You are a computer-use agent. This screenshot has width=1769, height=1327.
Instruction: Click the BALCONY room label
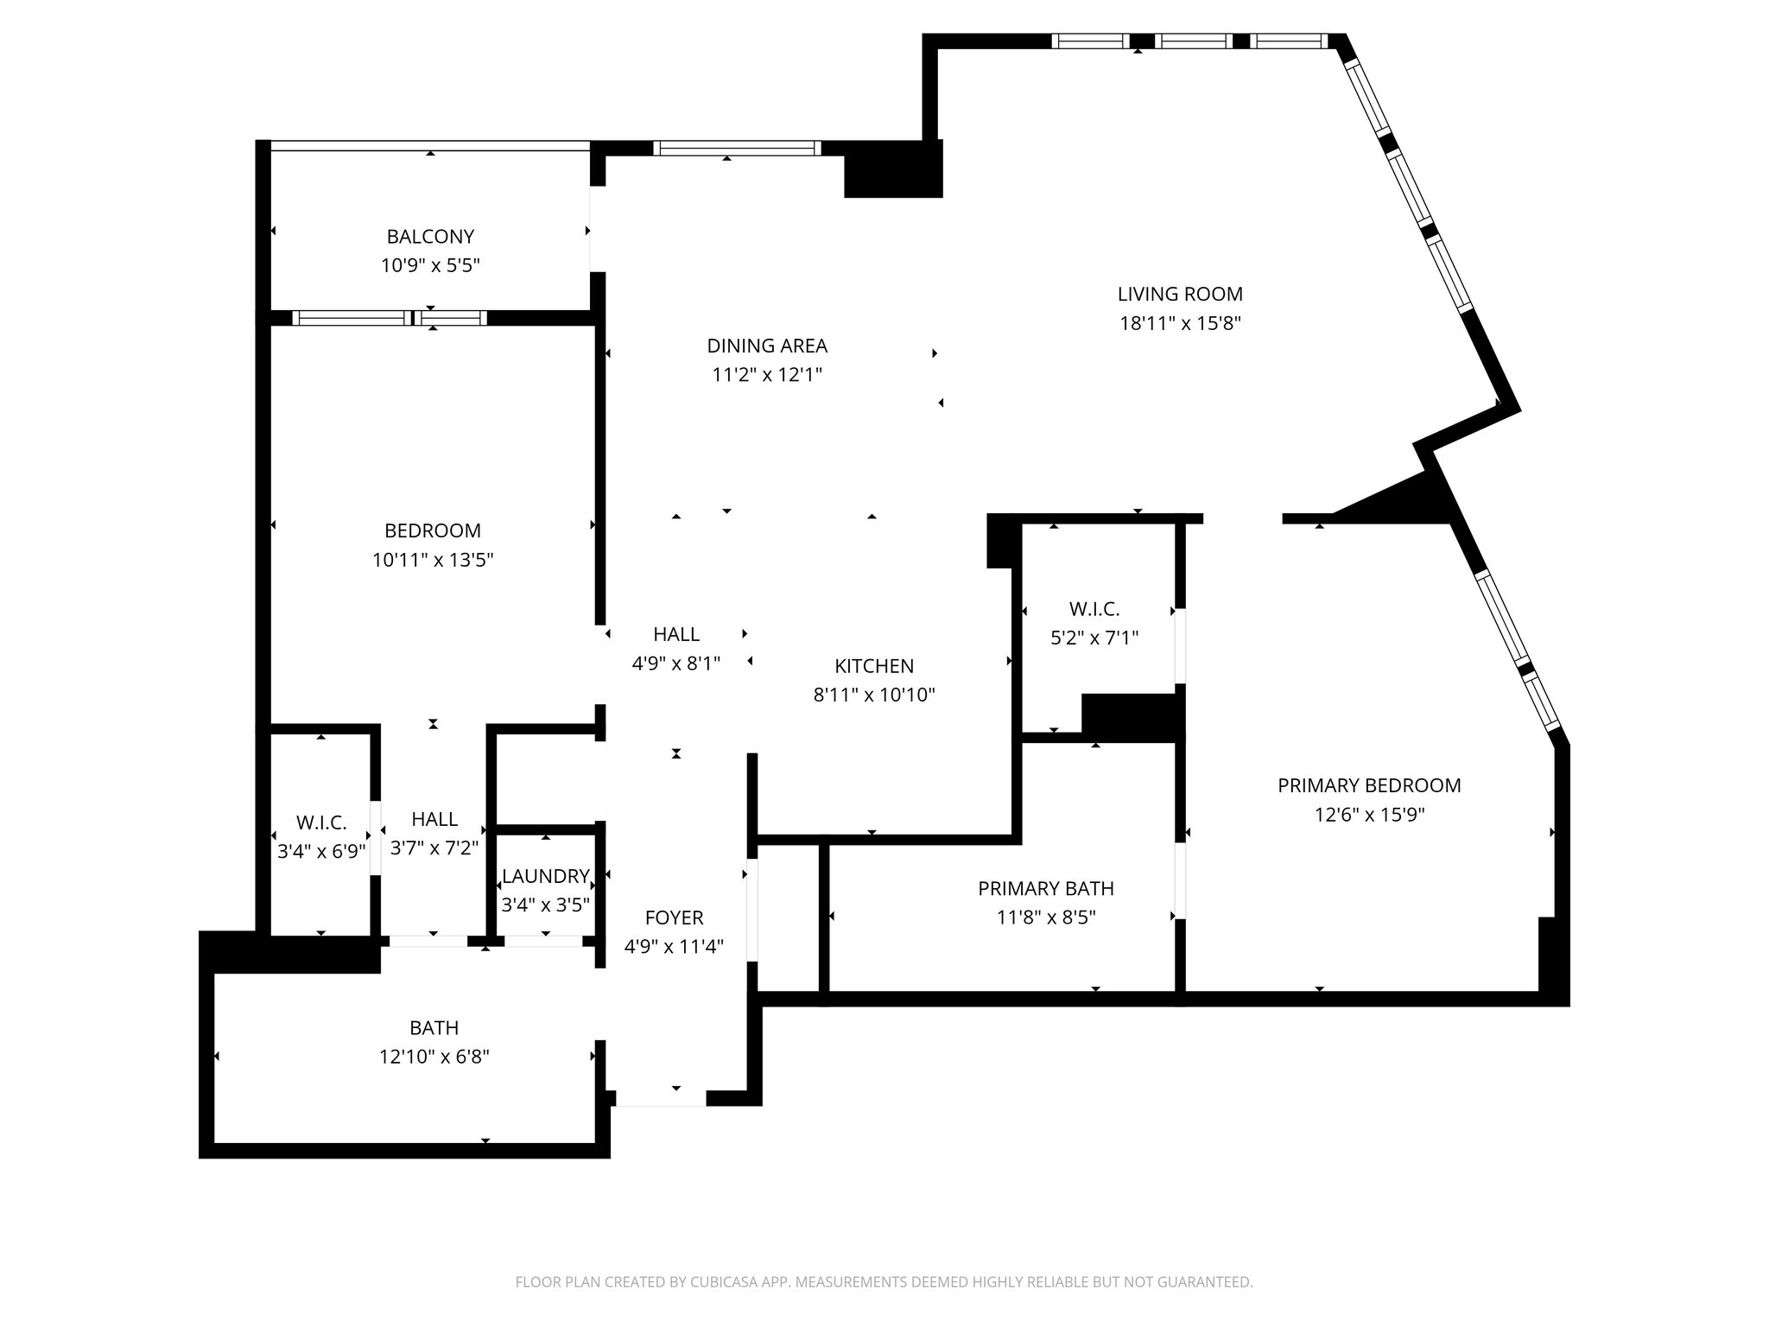click(x=430, y=237)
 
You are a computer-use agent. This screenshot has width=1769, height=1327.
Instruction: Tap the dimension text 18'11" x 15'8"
click(x=1180, y=324)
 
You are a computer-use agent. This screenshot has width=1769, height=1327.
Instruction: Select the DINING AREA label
click(x=767, y=346)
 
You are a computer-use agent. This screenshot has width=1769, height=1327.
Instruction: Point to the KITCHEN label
click(x=874, y=666)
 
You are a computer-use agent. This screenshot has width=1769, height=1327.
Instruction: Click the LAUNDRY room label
click(x=546, y=877)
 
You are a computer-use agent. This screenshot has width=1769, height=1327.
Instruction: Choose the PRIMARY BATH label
click(x=1045, y=889)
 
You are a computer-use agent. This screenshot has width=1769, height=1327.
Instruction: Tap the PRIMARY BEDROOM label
click(x=1369, y=786)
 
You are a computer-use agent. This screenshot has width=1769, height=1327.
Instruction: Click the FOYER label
click(x=674, y=918)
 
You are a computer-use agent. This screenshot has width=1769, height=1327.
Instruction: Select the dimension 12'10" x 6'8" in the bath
click(x=434, y=1057)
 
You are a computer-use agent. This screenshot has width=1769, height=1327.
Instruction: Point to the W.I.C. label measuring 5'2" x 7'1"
click(x=1094, y=610)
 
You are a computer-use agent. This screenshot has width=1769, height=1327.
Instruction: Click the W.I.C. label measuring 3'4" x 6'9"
click(x=321, y=823)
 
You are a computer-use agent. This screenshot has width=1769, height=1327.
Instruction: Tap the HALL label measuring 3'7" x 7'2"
click(x=434, y=820)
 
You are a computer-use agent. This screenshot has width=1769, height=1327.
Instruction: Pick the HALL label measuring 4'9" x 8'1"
click(x=676, y=635)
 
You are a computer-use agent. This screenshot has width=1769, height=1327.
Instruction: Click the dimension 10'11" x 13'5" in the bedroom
click(x=433, y=561)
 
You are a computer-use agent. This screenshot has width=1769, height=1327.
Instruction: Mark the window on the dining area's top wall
click(x=736, y=149)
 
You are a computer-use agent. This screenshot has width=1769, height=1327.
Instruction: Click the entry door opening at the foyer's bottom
click(x=661, y=1100)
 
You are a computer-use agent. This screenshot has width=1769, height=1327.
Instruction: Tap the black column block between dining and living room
click(x=892, y=170)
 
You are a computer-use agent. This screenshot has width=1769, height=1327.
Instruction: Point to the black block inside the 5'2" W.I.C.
click(x=1130, y=716)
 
